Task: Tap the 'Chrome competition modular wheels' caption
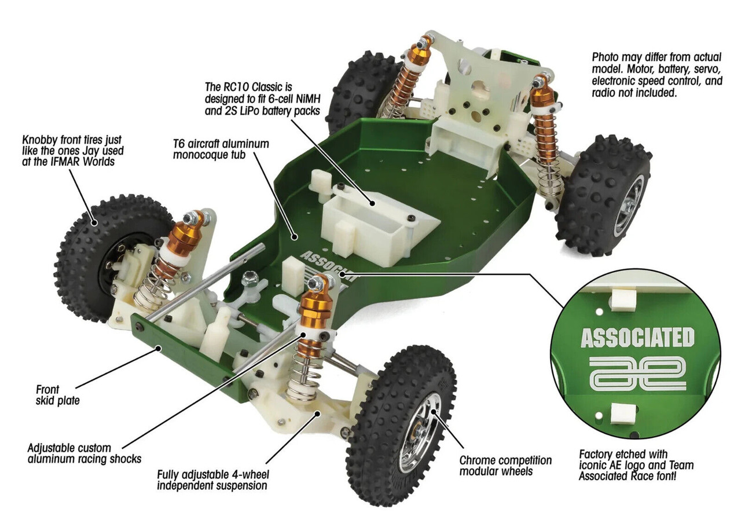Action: click(505, 466)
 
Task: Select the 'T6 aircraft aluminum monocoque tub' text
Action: click(221, 149)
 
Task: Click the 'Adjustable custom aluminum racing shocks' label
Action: click(84, 453)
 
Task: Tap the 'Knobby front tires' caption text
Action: click(72, 151)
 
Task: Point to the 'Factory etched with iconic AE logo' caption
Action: click(636, 465)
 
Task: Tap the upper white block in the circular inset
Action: click(623, 299)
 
